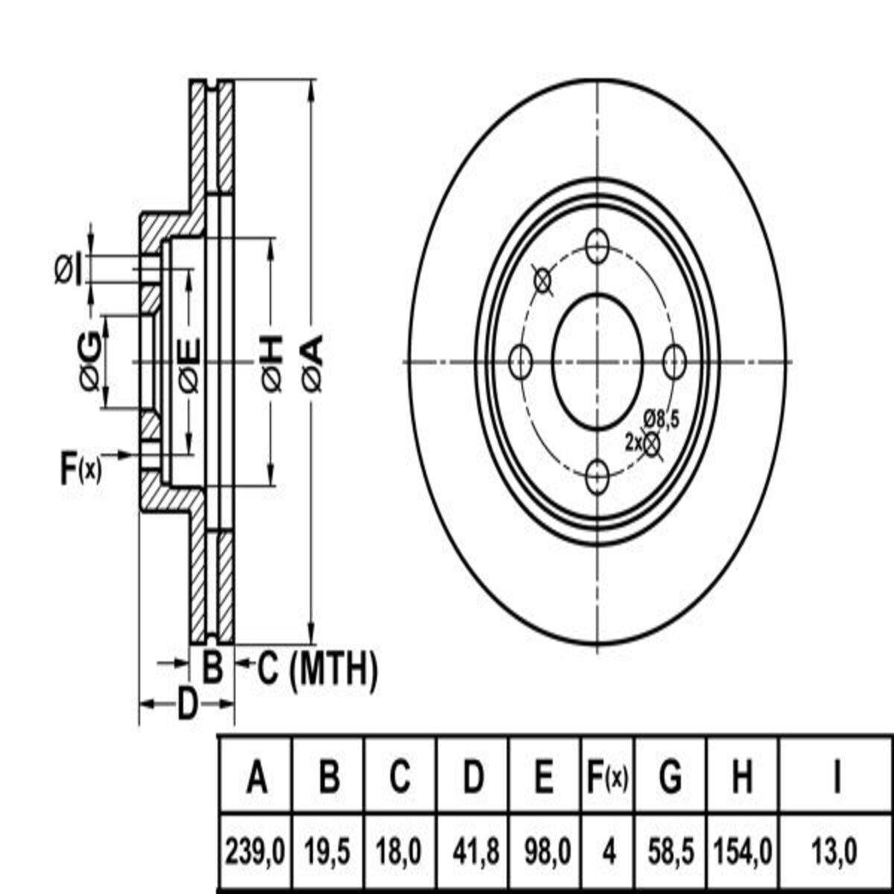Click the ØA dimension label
click(314, 363)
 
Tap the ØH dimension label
click(272, 363)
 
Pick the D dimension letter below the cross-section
click(187, 703)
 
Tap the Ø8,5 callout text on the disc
click(661, 419)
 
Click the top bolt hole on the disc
click(597, 247)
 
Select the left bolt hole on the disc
click(521, 363)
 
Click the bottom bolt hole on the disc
click(597, 477)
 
